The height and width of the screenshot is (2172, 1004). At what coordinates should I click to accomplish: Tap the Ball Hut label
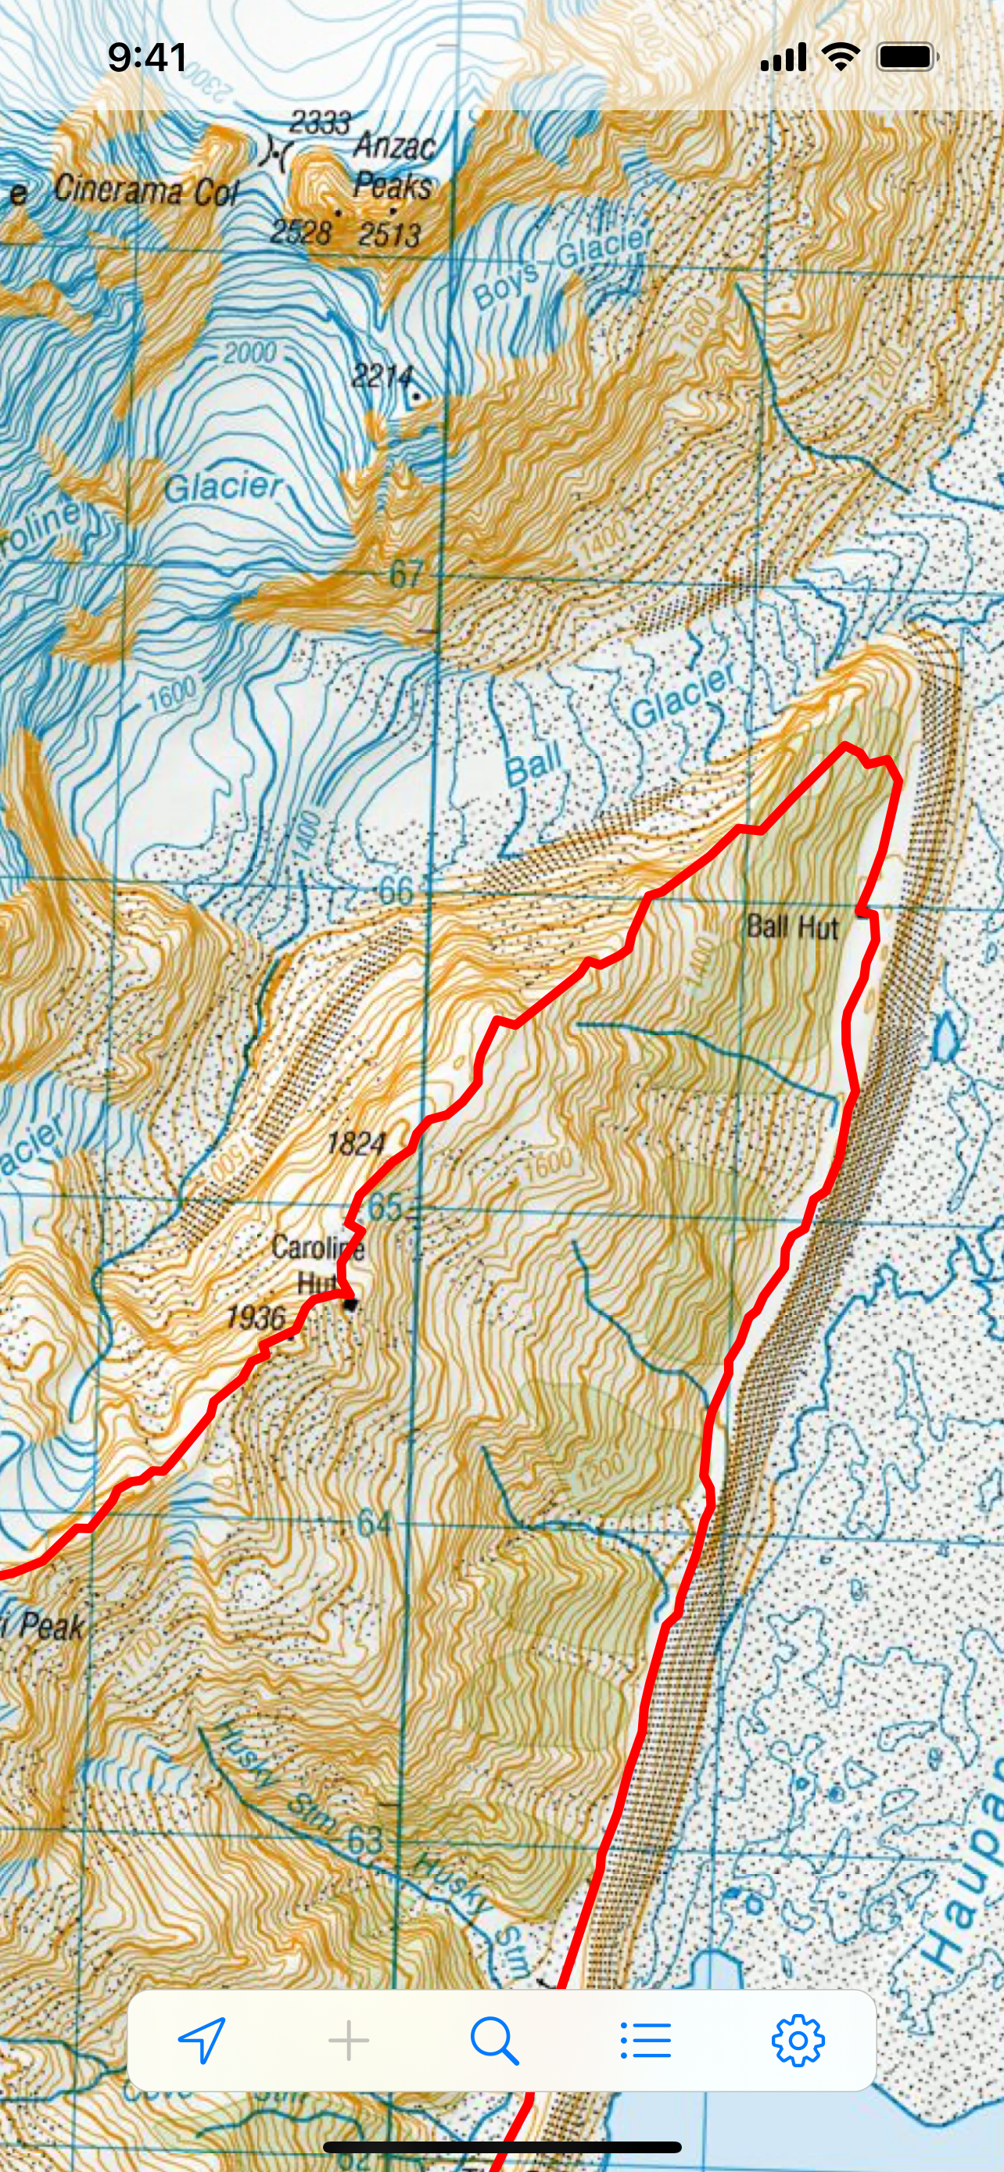click(x=791, y=927)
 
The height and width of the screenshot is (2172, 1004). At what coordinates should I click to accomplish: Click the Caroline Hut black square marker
click(x=350, y=1304)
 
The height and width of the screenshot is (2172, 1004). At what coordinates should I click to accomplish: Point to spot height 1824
click(x=356, y=1143)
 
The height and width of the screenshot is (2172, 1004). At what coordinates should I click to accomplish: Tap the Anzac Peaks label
click(x=393, y=166)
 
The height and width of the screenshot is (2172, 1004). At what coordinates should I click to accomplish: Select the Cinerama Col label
click(x=146, y=191)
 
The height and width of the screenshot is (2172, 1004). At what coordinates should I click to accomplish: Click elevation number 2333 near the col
click(x=320, y=123)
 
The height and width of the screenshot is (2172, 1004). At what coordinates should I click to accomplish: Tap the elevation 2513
click(x=389, y=235)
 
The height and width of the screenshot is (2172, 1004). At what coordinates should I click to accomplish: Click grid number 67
click(x=406, y=574)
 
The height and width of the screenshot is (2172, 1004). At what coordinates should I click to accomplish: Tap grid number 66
click(x=396, y=891)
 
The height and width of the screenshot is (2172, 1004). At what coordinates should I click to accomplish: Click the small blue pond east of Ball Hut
click(x=946, y=1036)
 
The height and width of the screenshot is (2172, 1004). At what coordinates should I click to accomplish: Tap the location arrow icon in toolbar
click(x=203, y=2041)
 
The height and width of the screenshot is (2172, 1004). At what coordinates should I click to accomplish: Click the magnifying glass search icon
click(x=494, y=2041)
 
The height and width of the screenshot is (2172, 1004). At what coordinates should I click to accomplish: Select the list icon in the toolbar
click(x=645, y=2041)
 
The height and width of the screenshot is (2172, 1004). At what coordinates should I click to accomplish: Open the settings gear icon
click(x=798, y=2041)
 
